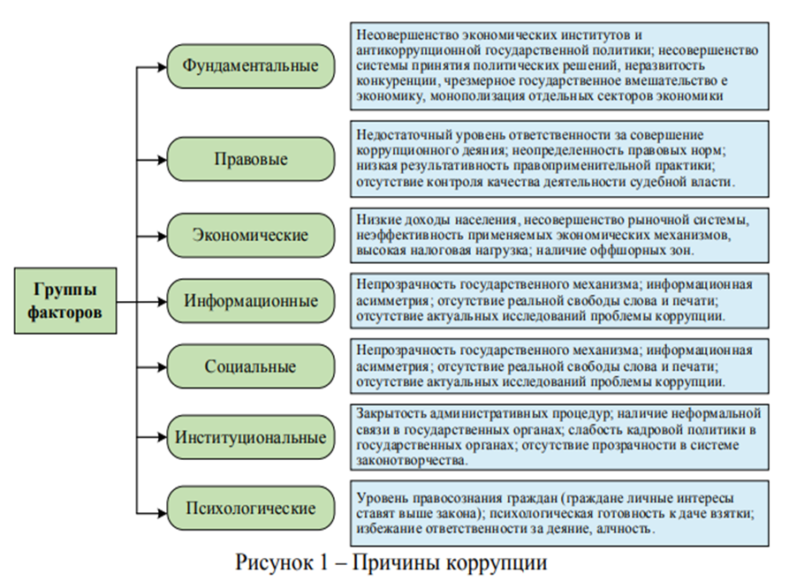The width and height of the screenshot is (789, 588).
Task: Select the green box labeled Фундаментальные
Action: click(251, 66)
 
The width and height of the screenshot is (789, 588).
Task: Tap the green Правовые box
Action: click(251, 159)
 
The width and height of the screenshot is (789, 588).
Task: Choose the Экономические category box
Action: click(251, 235)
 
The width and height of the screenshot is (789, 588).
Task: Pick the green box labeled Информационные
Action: click(251, 300)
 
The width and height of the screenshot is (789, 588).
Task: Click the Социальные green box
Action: click(251, 366)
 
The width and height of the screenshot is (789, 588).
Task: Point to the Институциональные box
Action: click(251, 436)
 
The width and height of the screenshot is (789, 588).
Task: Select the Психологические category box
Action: click(251, 509)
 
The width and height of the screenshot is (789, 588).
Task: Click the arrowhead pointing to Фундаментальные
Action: click(162, 66)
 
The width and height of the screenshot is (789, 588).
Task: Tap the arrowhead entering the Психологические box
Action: click(162, 509)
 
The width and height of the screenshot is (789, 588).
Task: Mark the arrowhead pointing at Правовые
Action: click(162, 159)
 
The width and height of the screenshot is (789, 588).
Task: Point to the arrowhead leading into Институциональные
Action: click(162, 436)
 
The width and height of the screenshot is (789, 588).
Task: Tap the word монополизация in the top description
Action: click(479, 97)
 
